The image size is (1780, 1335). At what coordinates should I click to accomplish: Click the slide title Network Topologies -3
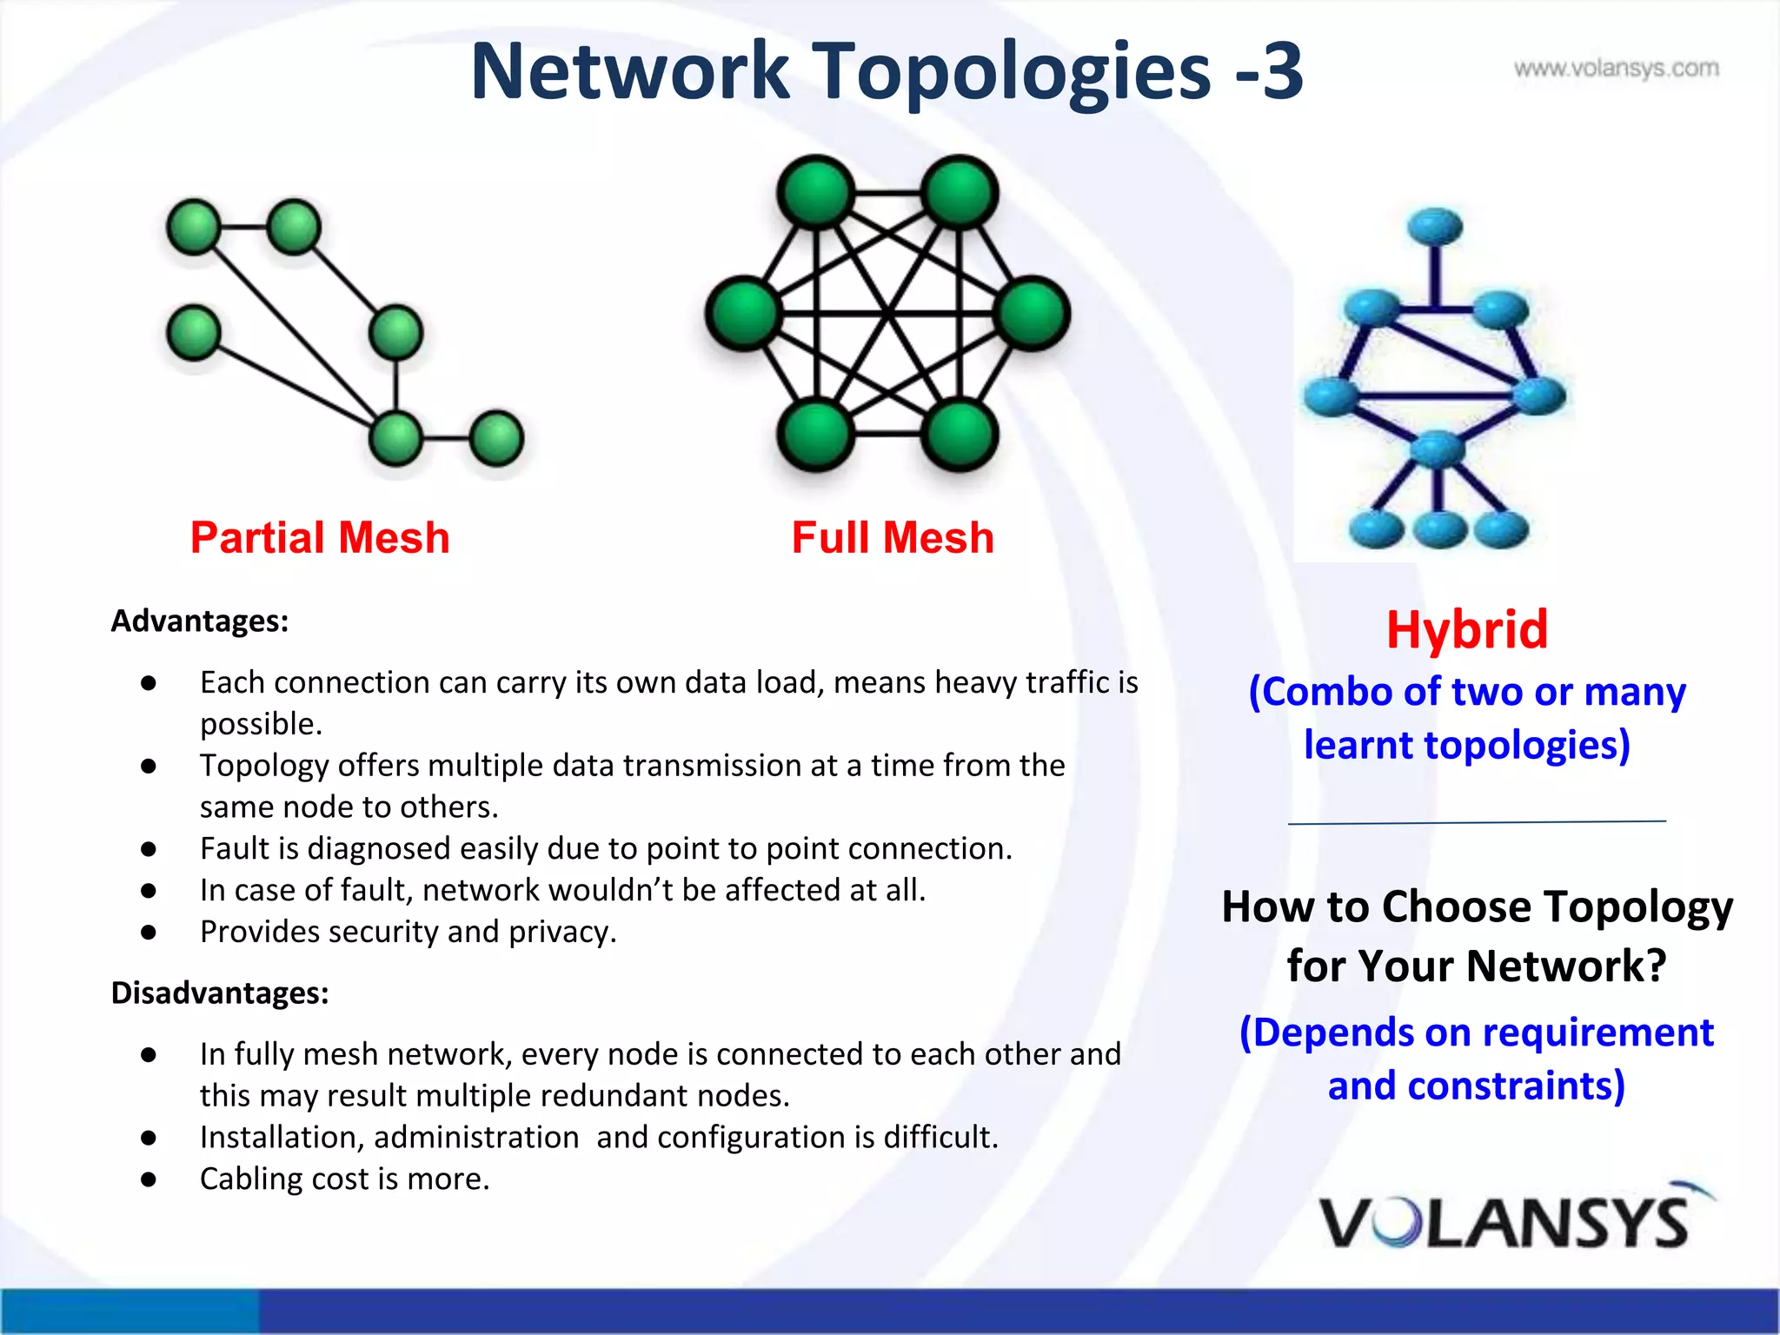[x=887, y=71]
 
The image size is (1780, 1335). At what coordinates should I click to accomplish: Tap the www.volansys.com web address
[x=1616, y=68]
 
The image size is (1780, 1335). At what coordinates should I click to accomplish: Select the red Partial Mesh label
[x=320, y=537]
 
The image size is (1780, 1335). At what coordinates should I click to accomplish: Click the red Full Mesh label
[x=893, y=537]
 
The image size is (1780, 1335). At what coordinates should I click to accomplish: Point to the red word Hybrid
[x=1467, y=629]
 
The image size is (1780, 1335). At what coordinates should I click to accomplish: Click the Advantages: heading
[x=200, y=621]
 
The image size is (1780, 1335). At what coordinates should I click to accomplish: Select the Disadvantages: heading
[x=220, y=993]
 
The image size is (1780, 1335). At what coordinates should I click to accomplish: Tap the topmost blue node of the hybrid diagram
[x=1435, y=227]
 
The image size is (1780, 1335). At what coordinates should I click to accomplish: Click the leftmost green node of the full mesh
[x=743, y=313]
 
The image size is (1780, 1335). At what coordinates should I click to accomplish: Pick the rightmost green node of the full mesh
[x=1033, y=313]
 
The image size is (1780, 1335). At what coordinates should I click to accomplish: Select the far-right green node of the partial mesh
[x=496, y=437]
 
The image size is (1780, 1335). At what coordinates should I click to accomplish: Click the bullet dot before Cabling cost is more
[x=149, y=1179]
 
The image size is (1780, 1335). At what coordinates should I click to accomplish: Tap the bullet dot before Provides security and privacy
[x=149, y=933]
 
